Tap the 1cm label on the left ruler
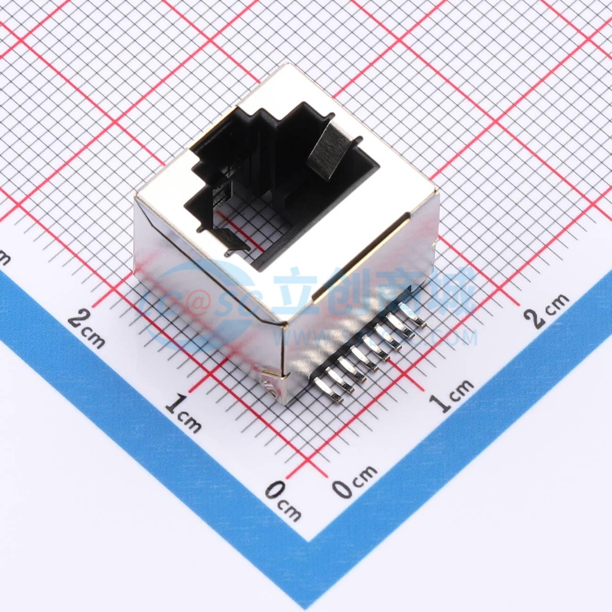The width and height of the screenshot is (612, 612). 184,412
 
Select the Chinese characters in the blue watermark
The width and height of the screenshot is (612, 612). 377,292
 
